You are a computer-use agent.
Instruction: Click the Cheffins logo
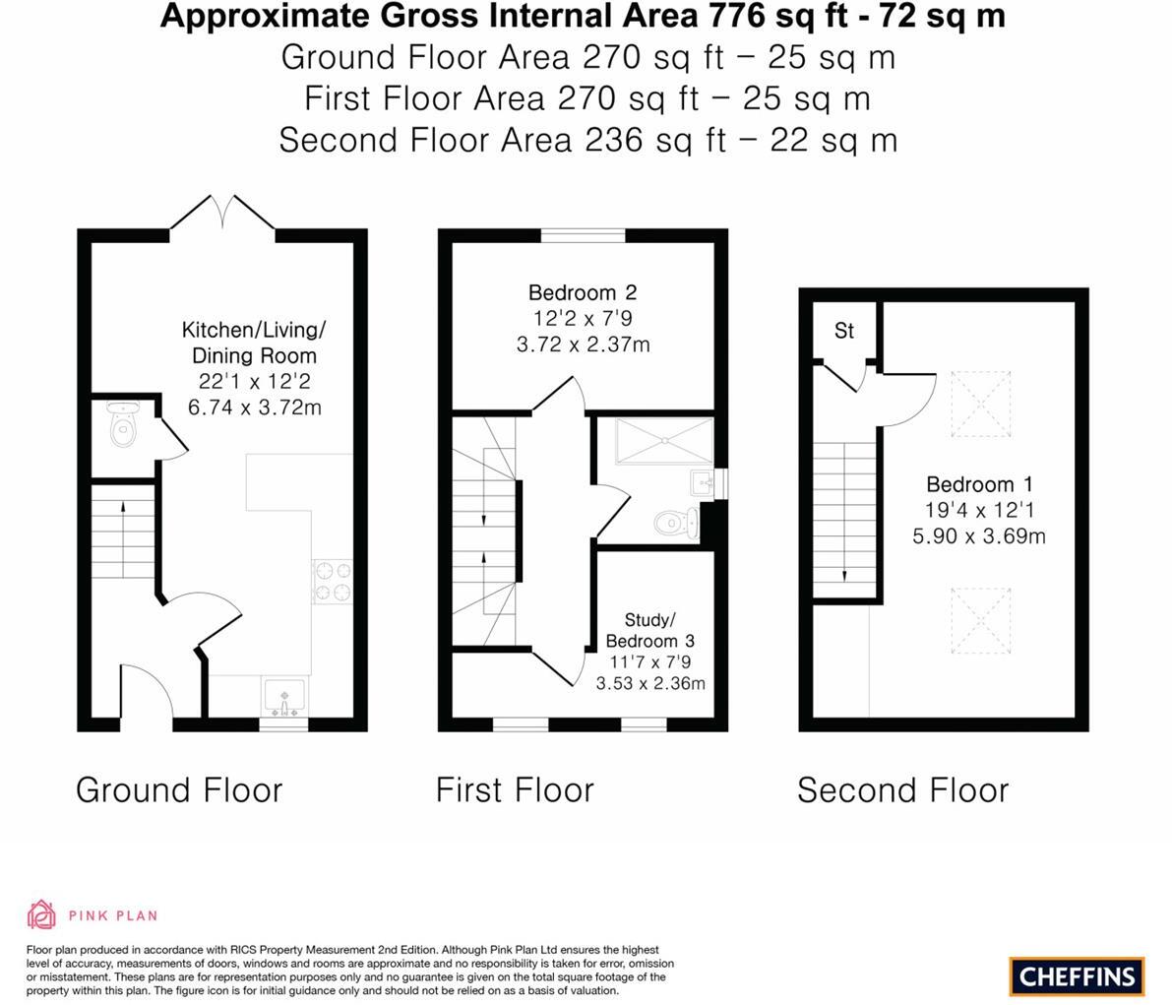tap(1077, 975)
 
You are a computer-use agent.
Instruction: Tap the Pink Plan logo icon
tap(41, 914)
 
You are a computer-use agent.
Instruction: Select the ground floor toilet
tap(123, 427)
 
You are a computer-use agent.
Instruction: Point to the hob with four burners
tap(332, 581)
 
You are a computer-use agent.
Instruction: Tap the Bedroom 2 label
tap(583, 292)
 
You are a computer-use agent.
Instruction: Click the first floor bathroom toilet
tap(677, 521)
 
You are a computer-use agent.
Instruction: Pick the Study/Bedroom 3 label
tap(649, 630)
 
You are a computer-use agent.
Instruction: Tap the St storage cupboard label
tap(844, 331)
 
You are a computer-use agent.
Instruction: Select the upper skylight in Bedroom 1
tap(980, 404)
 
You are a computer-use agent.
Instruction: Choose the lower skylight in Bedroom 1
tap(980, 621)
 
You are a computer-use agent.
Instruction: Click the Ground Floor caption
tap(179, 789)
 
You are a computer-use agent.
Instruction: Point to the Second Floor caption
tap(902, 789)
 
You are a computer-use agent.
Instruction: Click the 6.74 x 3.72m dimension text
tap(254, 407)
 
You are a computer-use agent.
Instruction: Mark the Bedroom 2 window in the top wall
tap(584, 235)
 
